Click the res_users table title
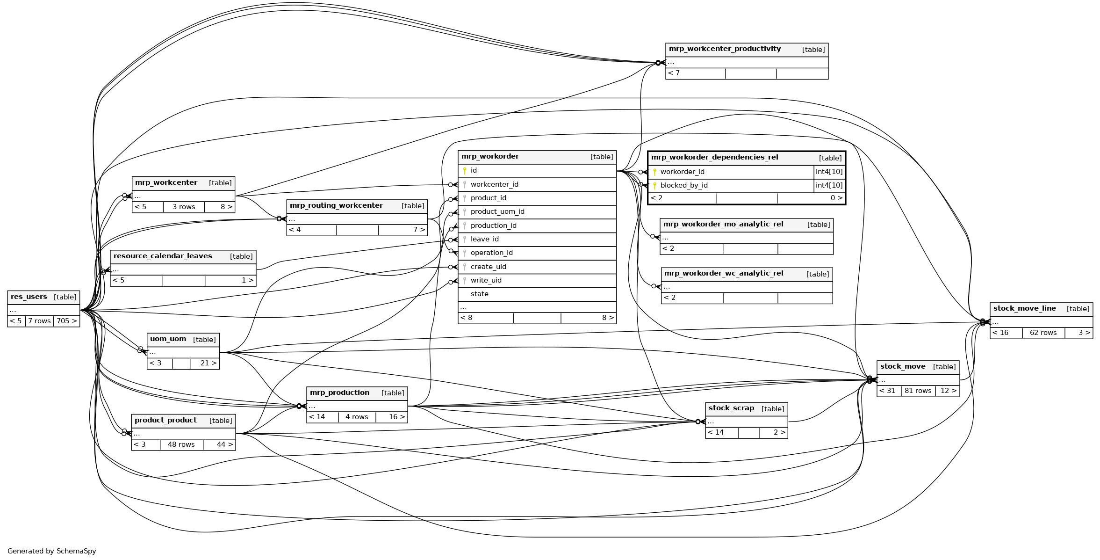click(29, 297)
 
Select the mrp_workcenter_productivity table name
click(725, 49)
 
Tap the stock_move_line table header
click(1024, 308)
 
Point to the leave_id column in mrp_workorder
click(484, 239)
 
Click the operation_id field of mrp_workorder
click(491, 253)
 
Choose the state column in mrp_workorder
click(479, 294)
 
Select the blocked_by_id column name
click(684, 185)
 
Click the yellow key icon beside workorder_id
click(654, 172)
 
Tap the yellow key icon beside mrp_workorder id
click(465, 171)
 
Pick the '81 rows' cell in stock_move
click(918, 391)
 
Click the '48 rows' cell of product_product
click(181, 444)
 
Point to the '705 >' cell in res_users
click(66, 321)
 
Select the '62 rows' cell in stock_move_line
click(1043, 333)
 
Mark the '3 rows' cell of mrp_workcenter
click(184, 207)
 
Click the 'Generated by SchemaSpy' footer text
click(52, 551)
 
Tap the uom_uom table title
click(168, 339)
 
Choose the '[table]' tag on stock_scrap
click(773, 409)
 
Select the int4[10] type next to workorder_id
click(829, 172)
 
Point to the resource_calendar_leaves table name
click(163, 256)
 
